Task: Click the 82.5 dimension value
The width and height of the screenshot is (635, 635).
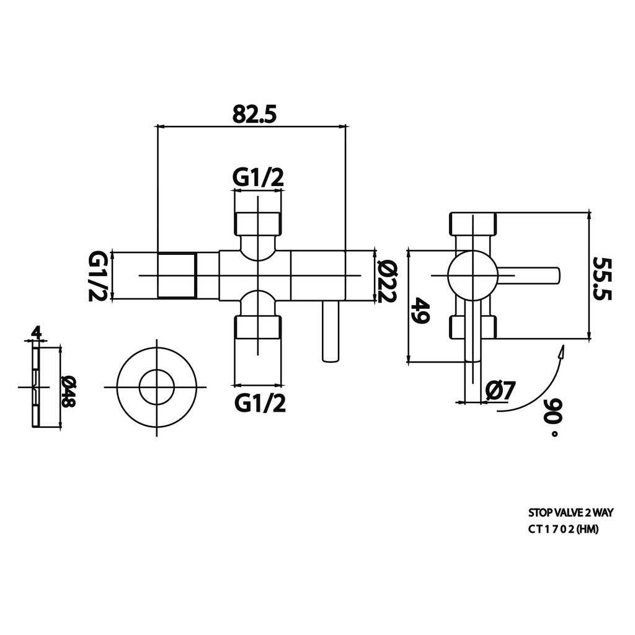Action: [254, 115]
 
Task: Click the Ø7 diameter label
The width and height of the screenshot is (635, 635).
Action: [500, 391]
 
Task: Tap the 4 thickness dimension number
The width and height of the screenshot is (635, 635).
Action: [37, 333]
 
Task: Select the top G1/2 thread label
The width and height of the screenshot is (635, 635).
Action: [258, 178]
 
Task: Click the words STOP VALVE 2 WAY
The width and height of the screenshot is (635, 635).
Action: [571, 513]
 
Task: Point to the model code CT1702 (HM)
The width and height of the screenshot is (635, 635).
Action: [563, 530]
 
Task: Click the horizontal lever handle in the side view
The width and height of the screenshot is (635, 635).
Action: [528, 275]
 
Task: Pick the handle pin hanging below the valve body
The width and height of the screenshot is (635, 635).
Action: [331, 331]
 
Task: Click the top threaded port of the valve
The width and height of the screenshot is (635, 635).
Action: [257, 223]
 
